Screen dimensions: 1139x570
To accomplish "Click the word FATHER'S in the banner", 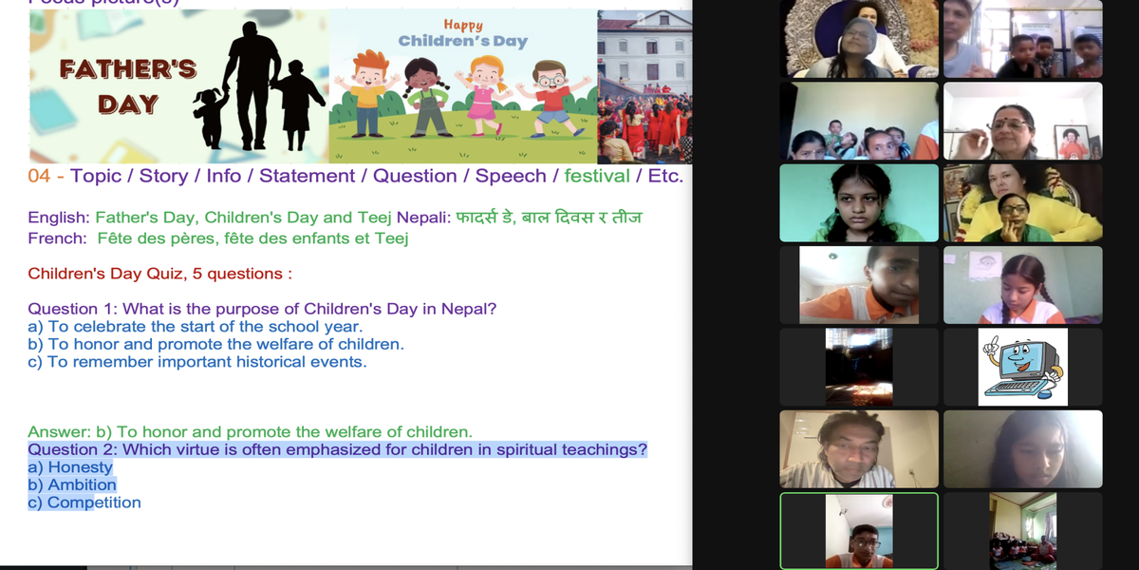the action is coord(128,69).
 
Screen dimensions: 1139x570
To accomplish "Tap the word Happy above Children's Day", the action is coord(463,25).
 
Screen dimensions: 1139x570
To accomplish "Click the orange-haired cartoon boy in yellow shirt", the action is coord(367,94).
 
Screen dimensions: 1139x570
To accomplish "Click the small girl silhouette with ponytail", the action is coord(211,118).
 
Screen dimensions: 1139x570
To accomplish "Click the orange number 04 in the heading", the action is coord(39,176).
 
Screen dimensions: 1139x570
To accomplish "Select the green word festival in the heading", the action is coord(597,176).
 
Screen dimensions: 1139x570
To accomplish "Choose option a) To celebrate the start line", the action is coord(196,326).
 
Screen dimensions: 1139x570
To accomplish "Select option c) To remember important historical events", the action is coord(197,362).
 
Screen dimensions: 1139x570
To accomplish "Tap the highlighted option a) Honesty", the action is coord(70,467).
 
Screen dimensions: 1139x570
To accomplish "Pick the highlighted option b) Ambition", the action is coord(72,485).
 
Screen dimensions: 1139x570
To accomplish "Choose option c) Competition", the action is coord(84,503).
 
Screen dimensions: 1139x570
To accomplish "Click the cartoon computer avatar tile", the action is coord(1022,367).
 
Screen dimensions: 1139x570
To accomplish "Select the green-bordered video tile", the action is coord(859,531).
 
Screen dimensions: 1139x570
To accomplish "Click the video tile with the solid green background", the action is coord(859,202).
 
